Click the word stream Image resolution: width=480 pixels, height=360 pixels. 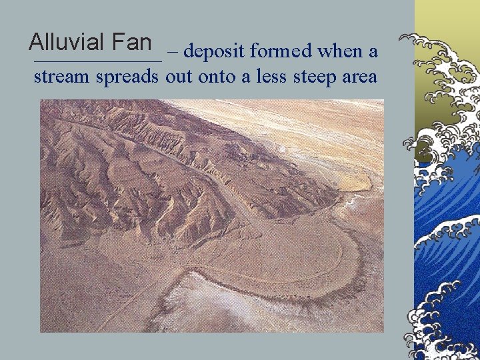tap(62, 77)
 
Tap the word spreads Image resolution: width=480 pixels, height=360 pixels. tap(127, 77)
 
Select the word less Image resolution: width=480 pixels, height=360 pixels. tap(265, 77)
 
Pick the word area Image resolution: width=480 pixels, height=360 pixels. tap(359, 77)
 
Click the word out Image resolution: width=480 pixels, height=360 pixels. tap(178, 77)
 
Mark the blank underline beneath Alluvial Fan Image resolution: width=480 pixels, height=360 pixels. tap(97, 61)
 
